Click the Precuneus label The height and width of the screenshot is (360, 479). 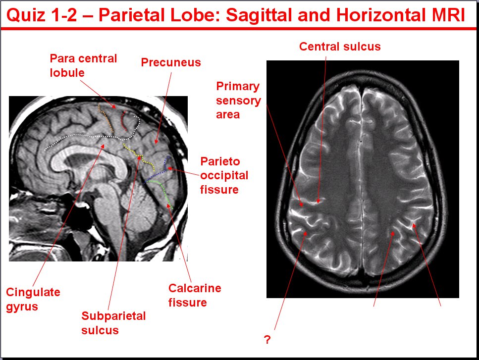point(171,62)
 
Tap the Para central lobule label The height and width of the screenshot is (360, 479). point(83,65)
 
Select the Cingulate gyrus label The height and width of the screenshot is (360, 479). point(33,299)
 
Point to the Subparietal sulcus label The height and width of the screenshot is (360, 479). point(113,323)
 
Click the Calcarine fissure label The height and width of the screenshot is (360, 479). point(195,295)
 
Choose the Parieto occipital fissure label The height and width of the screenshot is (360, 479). point(224,175)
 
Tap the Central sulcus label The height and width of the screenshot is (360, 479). point(340,47)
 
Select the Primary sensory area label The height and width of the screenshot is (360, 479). point(238,100)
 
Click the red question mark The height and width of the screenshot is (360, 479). point(267,340)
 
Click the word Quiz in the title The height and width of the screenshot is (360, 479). point(26,15)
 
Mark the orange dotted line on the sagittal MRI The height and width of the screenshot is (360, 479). point(106,118)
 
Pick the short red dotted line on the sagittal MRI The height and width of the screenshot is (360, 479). point(123,121)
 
